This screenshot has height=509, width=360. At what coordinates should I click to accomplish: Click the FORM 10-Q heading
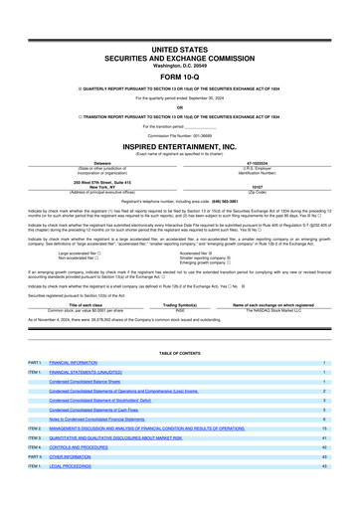[180, 76]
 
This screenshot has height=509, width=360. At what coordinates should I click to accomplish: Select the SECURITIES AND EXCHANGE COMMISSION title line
[180, 58]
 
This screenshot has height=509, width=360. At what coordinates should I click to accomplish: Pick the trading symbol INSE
[180, 281]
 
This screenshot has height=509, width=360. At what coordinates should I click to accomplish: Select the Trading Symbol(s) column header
[180, 276]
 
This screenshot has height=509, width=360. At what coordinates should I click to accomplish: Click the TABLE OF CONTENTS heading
[180, 354]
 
